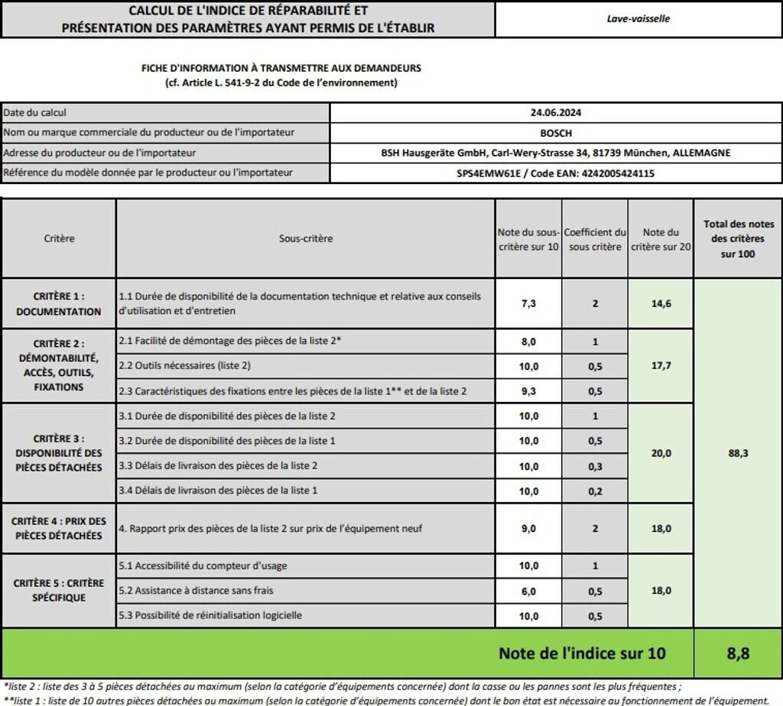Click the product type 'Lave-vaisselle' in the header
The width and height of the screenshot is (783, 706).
coord(638,18)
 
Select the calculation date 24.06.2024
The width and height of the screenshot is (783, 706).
coord(556,112)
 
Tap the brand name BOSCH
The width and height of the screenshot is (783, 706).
coord(556,132)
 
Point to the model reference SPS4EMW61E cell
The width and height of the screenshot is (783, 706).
coord(556,173)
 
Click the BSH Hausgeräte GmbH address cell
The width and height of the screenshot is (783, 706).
coord(556,153)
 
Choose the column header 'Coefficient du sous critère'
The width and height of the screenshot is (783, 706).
coord(595,239)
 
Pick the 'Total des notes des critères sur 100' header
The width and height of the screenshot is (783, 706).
coord(737,238)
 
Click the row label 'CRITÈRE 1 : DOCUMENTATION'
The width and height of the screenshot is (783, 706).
coord(59,303)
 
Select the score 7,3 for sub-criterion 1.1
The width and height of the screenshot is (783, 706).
coord(528,303)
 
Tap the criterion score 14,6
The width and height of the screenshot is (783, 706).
coord(661,303)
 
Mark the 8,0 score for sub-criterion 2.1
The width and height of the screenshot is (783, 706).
coord(528,342)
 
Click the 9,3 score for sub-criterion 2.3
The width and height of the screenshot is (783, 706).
coord(528,390)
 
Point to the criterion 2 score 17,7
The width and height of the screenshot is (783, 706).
coord(661,366)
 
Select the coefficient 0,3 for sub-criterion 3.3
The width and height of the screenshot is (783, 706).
coord(595,465)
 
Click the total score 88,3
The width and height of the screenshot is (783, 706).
coord(737,453)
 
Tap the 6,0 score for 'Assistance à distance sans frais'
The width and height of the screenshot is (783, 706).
coord(528,591)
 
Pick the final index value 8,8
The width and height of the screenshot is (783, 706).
coord(737,653)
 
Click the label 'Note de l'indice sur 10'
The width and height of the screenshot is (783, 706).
coord(581,653)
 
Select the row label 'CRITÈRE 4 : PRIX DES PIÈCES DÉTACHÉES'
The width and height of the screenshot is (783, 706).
coord(59,528)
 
